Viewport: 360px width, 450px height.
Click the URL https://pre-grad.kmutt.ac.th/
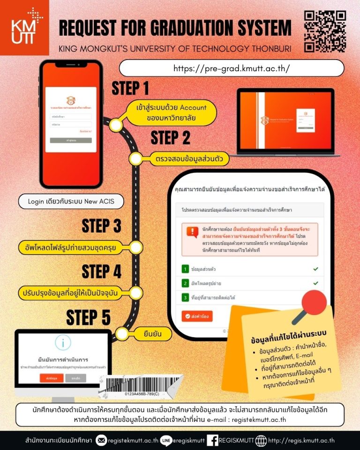(232, 68)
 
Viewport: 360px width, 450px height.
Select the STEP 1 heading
(130, 88)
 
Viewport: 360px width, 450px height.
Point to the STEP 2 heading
(171, 138)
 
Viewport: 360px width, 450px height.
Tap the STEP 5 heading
(88, 317)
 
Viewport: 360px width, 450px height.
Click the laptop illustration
(285, 122)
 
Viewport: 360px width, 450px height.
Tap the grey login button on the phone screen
(71, 140)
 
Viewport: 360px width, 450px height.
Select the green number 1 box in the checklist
(185, 270)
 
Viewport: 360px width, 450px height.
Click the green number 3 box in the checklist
(185, 297)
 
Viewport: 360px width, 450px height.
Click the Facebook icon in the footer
(212, 440)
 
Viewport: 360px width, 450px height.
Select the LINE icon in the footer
(165, 440)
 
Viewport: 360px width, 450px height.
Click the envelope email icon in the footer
(101, 440)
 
